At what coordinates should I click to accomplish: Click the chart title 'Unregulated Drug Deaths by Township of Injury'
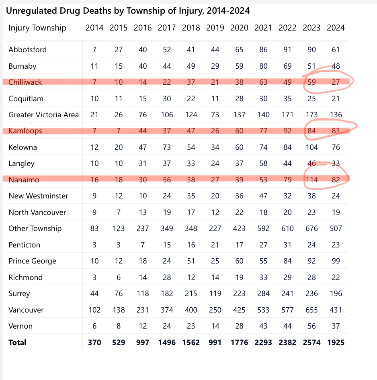point(128,11)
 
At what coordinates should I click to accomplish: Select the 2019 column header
point(215,28)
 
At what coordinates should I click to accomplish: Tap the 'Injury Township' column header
point(37,28)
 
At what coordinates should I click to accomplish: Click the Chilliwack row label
point(25,82)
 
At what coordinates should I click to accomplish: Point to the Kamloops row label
point(25,131)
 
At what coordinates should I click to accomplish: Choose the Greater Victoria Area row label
point(43,115)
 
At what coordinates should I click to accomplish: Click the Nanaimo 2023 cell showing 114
point(311,180)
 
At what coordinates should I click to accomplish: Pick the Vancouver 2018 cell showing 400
point(191,310)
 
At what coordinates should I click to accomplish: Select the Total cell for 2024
point(336,343)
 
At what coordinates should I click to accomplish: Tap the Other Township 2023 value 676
point(311,229)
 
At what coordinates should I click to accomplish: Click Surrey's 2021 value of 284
point(263,294)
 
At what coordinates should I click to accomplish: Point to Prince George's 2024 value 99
point(336,261)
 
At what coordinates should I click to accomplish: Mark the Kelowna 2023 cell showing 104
point(311,147)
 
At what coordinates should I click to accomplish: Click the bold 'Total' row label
point(17,343)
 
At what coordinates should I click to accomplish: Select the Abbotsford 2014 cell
point(94,50)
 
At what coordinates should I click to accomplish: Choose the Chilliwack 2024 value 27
point(336,82)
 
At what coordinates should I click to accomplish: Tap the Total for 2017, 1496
point(167,343)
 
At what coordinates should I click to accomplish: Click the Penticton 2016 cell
point(143,245)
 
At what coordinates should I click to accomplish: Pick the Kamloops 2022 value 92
point(287,131)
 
